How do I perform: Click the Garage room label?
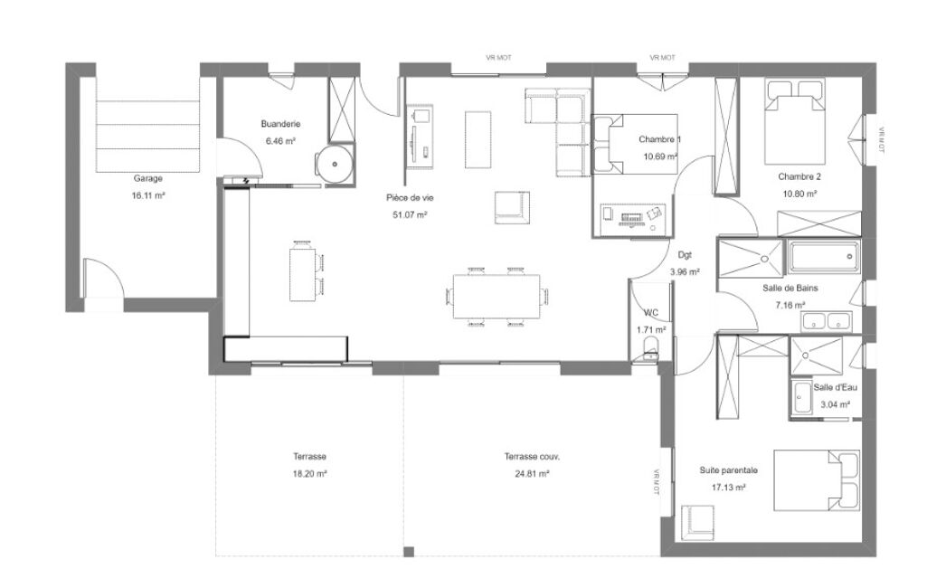147,178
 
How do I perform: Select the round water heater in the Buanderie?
335,164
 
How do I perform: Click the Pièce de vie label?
410,197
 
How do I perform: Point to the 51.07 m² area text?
410,214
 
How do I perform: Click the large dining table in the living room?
497,296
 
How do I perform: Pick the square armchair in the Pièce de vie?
512,208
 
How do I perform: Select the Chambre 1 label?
660,139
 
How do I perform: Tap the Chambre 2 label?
799,176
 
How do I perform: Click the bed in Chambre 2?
795,121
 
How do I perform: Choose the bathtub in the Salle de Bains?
823,257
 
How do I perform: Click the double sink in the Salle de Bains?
827,321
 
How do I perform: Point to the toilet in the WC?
649,347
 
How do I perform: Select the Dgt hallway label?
685,255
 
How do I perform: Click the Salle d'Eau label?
835,387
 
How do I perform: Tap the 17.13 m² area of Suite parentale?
728,488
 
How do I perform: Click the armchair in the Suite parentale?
697,523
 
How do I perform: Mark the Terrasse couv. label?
532,457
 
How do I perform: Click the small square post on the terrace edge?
409,552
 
